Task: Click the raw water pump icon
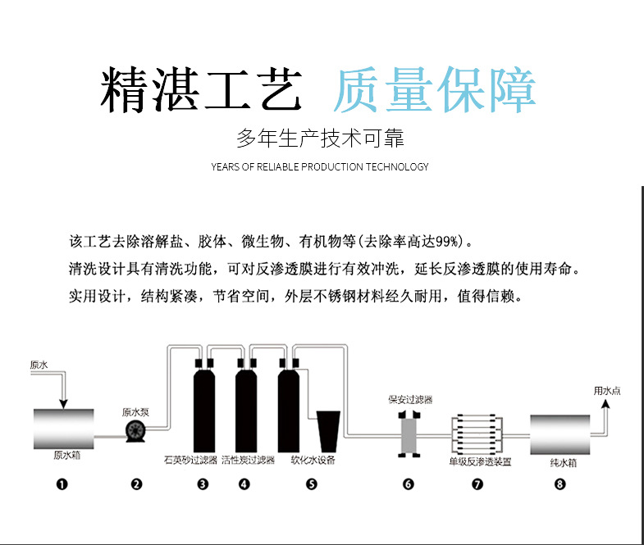pyautogui.click(x=135, y=431)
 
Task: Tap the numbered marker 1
pyautogui.click(x=62, y=484)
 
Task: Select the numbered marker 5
pyautogui.click(x=312, y=484)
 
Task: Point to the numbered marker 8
pyautogui.click(x=560, y=484)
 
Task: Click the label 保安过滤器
pyautogui.click(x=410, y=400)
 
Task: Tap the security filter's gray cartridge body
pyautogui.click(x=409, y=435)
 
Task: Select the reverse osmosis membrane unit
pyautogui.click(x=477, y=435)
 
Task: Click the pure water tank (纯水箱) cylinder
pyautogui.click(x=560, y=434)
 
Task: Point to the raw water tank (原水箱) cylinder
pyautogui.click(x=64, y=429)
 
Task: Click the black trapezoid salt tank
pyautogui.click(x=328, y=431)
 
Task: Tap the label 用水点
pyautogui.click(x=606, y=391)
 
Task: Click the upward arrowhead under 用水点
pyautogui.click(x=605, y=404)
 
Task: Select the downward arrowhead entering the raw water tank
pyautogui.click(x=63, y=403)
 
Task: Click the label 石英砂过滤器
pyautogui.click(x=190, y=460)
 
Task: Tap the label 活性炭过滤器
pyautogui.click(x=248, y=460)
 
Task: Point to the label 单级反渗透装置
pyautogui.click(x=480, y=461)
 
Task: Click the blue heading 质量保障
pyautogui.click(x=435, y=90)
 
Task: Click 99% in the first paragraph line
pyautogui.click(x=445, y=241)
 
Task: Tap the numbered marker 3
pyautogui.click(x=203, y=484)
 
